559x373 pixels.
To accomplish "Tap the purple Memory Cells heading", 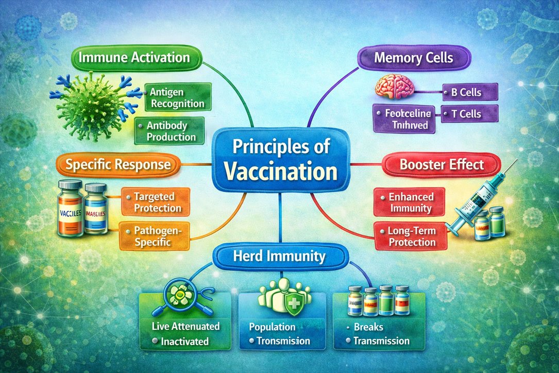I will click(414, 57).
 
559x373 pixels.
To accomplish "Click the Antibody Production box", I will click(171, 131).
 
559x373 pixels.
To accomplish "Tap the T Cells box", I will click(470, 114).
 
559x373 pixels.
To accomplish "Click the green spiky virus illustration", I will click(95, 102).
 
